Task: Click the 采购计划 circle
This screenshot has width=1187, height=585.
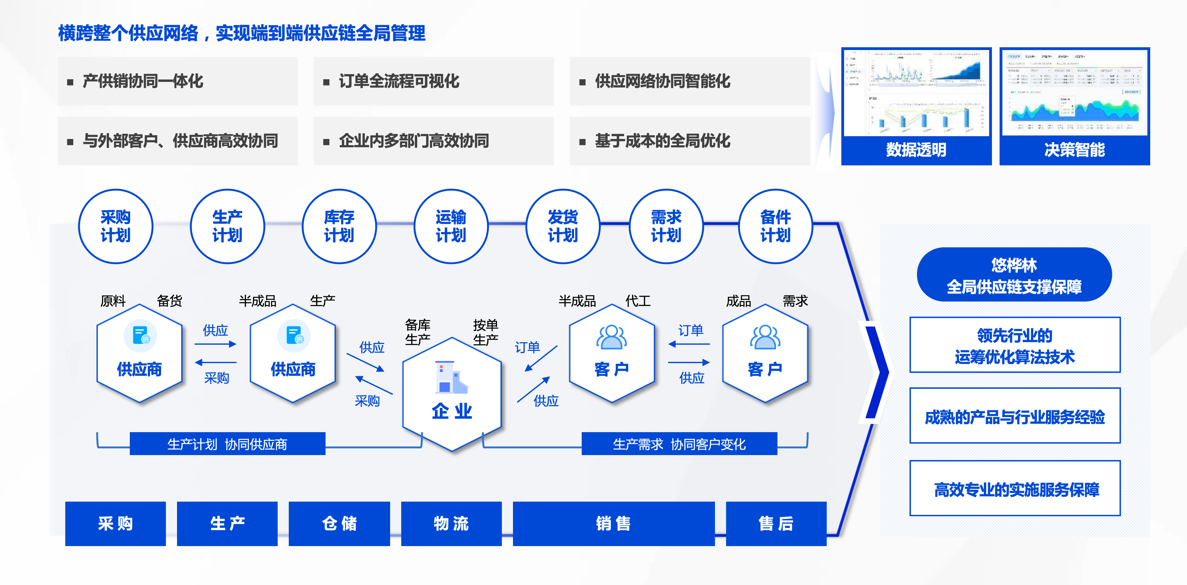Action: coord(115,226)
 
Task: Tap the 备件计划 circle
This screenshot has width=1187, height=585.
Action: coord(775,226)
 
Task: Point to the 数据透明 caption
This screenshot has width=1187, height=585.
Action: coord(916,149)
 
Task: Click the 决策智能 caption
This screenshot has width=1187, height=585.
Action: coord(1074,149)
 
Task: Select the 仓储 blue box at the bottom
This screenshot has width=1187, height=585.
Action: coord(339,524)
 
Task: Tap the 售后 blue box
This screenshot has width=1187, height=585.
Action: coord(776,524)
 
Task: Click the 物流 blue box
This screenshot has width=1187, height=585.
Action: coord(451,524)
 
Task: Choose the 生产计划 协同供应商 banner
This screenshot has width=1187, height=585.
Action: coord(227,444)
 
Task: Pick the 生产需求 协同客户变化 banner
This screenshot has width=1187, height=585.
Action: coord(679,444)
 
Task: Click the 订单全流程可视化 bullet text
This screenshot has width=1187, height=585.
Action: coord(399,81)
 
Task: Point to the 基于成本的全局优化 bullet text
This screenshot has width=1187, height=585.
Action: coord(663,141)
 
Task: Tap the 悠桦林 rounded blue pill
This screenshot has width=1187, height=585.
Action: coord(1014,275)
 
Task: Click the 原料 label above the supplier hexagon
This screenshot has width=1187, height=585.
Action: coord(113,301)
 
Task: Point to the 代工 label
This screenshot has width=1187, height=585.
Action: coord(638,301)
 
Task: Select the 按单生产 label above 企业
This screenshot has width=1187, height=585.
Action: coord(485,332)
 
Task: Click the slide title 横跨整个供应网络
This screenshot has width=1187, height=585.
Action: coord(242,33)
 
